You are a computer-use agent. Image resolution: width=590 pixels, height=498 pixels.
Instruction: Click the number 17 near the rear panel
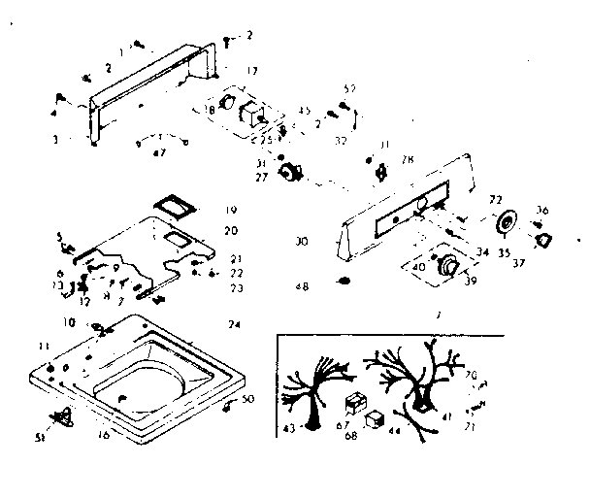tap(252, 71)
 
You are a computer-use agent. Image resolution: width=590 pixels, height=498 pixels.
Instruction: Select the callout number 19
tap(231, 210)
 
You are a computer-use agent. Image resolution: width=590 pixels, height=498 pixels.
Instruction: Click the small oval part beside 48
tap(343, 282)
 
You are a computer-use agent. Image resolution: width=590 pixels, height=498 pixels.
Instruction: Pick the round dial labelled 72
tap(506, 225)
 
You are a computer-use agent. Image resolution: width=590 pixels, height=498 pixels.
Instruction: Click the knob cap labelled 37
tap(542, 240)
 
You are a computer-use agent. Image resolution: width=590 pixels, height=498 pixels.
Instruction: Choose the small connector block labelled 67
tap(354, 401)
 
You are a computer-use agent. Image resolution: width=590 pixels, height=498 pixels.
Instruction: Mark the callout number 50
tap(248, 400)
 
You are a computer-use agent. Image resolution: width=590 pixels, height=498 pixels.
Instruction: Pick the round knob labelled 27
tap(287, 174)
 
